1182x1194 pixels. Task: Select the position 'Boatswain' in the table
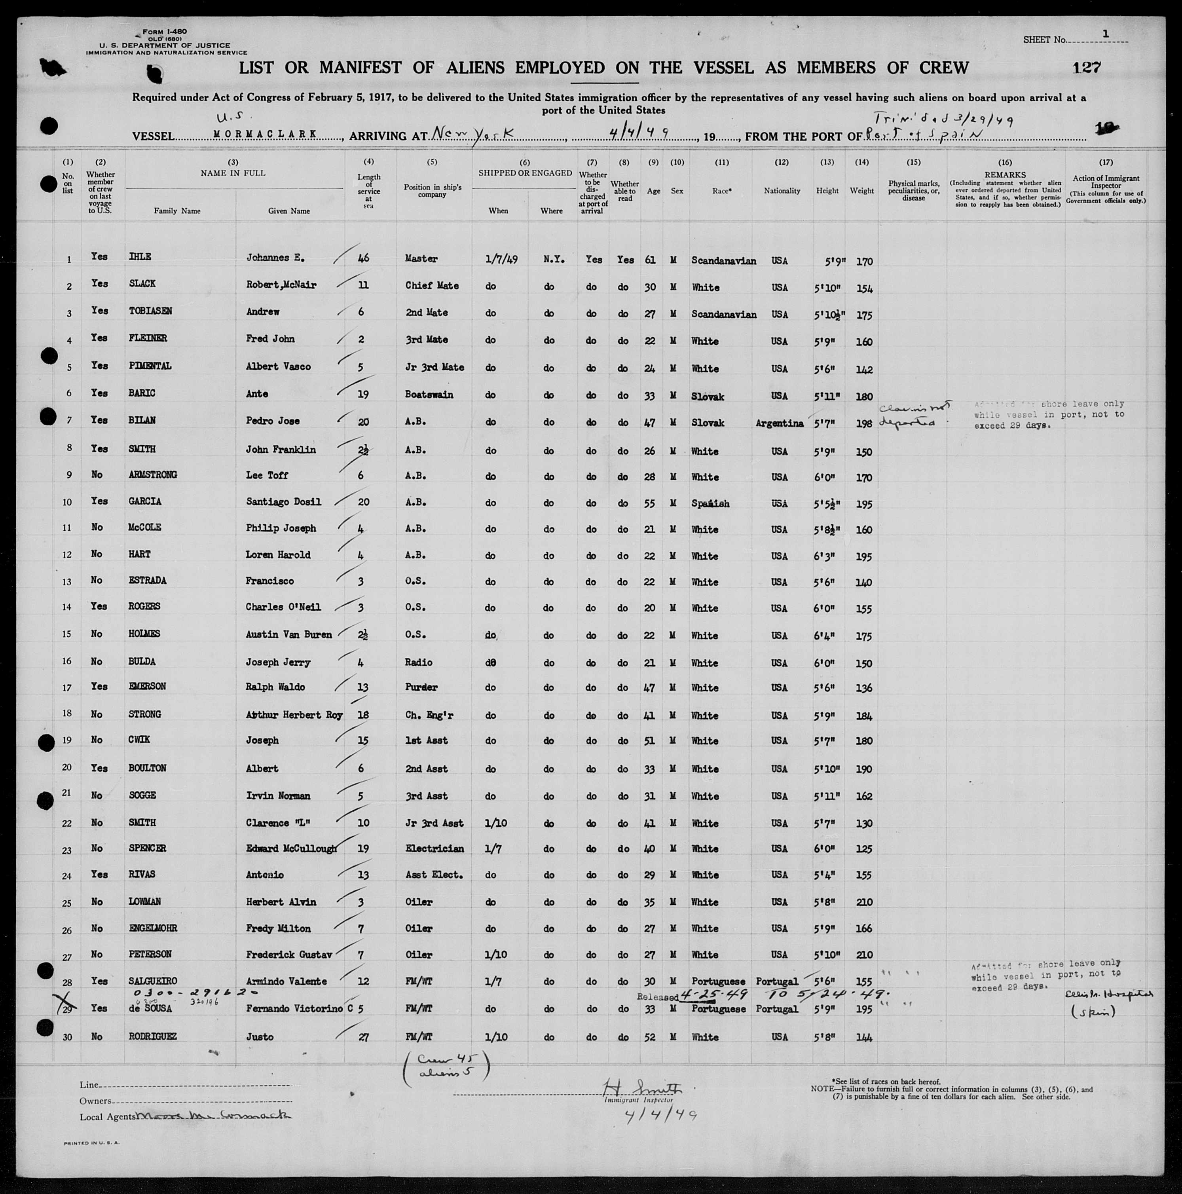tap(429, 394)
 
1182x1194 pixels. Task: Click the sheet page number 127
tap(1087, 67)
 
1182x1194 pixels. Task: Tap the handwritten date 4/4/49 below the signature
tap(660, 1115)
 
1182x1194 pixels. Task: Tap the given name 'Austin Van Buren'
tap(288, 635)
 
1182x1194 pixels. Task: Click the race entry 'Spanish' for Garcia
tap(710, 504)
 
